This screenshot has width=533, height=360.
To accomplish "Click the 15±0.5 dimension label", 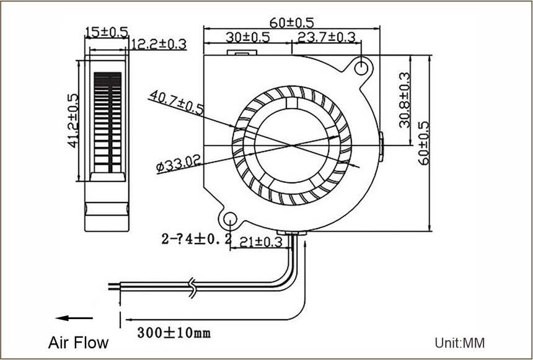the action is click(107, 32).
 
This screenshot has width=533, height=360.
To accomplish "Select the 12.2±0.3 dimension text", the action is click(159, 44).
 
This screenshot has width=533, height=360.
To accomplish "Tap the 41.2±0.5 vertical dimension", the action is click(73, 121).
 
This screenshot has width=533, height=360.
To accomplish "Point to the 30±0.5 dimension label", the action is click(248, 37).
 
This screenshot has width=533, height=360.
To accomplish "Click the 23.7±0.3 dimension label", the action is click(327, 37).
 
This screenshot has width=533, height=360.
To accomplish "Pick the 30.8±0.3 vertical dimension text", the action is click(405, 100).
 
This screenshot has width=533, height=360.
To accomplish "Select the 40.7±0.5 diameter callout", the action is click(177, 102).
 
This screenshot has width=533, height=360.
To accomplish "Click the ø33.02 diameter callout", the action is click(178, 163).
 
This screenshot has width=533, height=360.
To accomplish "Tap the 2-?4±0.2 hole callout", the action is click(196, 239).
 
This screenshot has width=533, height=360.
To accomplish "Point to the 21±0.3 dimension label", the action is click(261, 242).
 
